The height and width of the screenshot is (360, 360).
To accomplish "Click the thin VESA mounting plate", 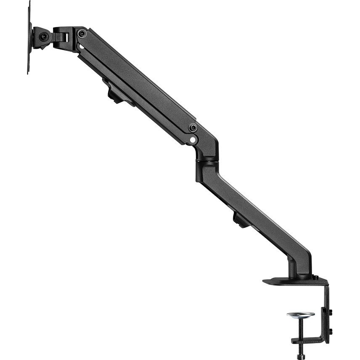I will coord(29,38).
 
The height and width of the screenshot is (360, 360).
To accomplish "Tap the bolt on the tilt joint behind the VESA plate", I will coord(43,37).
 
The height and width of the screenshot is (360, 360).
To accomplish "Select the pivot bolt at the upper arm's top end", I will coord(82,34).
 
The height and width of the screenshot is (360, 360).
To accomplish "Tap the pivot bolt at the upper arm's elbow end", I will coord(193,127).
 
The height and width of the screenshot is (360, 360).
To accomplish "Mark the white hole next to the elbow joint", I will coord(192,138).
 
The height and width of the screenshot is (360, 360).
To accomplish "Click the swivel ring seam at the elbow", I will coord(207,160).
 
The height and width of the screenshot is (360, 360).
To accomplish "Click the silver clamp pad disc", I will coord(300,315).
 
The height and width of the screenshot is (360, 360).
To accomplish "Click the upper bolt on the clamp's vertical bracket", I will coord(330,313).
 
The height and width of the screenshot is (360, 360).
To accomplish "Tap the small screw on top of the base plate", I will coord(315,277).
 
